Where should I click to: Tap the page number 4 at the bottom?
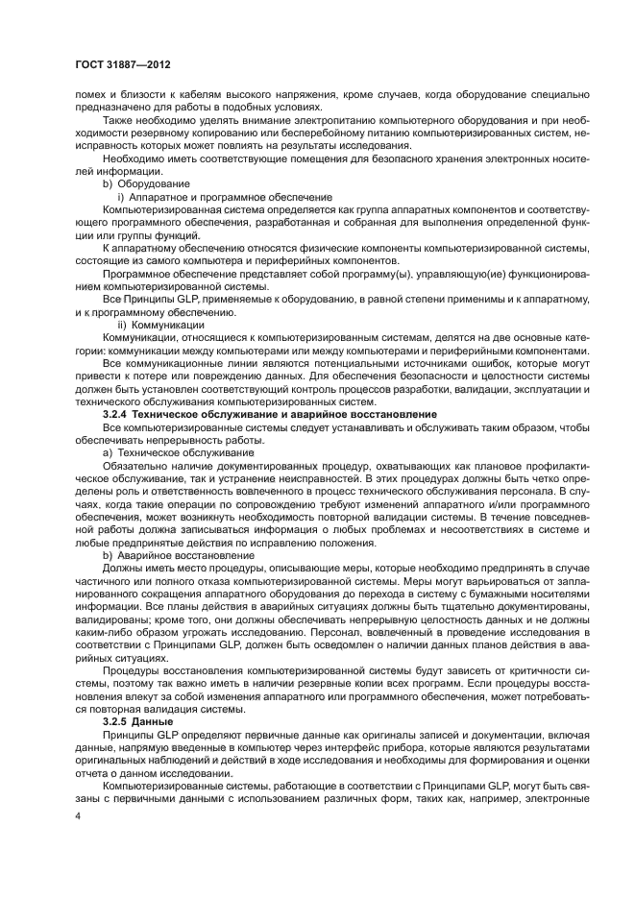click(x=78, y=815)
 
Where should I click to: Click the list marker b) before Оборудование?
click(x=108, y=182)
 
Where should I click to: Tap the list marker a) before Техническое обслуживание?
click(x=108, y=451)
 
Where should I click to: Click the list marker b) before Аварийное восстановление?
click(x=108, y=555)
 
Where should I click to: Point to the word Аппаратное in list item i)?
click(x=159, y=195)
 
